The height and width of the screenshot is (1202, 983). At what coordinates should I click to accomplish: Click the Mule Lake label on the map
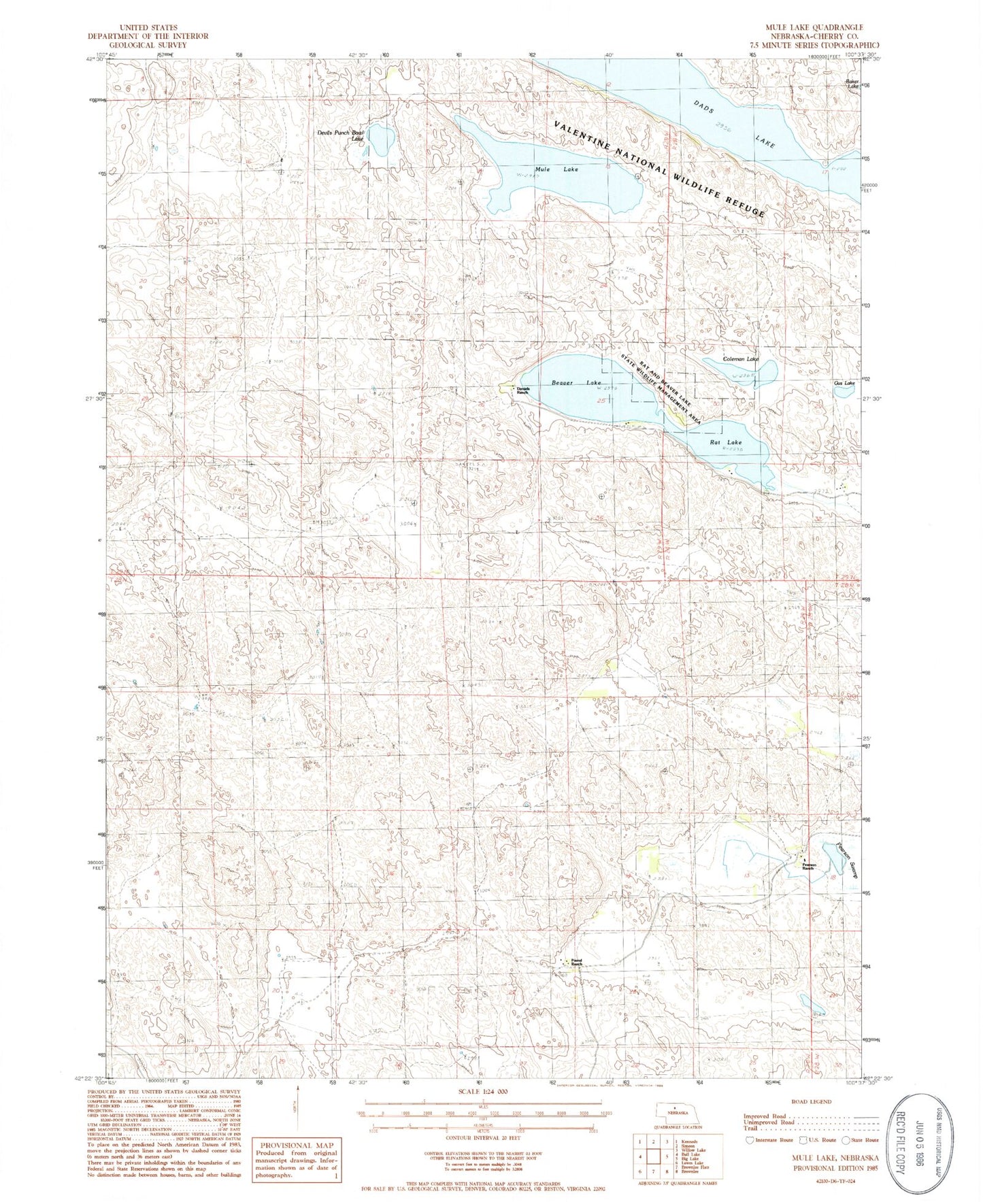556,169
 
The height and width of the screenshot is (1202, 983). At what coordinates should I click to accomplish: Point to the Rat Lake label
726,442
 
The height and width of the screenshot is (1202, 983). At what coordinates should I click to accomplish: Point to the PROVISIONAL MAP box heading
295,1146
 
